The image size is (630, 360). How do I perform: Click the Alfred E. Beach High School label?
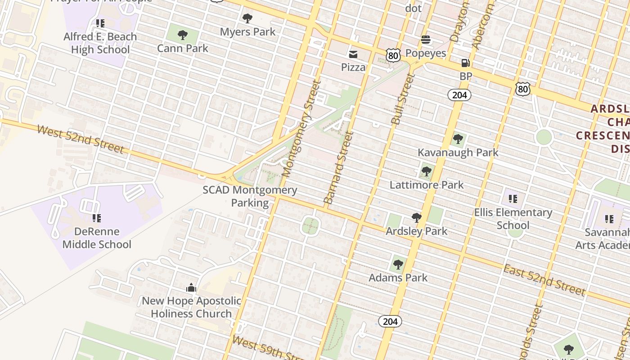coord(100,43)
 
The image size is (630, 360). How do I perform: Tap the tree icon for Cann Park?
coord(182,35)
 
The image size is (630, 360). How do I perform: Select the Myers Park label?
coord(247,32)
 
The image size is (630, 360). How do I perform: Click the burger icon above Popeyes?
coord(425,40)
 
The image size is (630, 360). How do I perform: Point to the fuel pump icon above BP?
coord(465,63)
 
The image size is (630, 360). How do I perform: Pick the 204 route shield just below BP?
coord(459,94)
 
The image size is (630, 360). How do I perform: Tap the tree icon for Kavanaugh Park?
coord(458,139)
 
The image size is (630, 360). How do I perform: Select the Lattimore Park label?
coord(426,184)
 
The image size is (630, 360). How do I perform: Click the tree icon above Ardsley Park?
coord(417,218)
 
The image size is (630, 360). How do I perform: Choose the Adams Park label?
coord(398,278)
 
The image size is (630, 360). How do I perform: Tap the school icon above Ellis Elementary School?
coord(513,198)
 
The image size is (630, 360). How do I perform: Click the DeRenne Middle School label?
coord(97,238)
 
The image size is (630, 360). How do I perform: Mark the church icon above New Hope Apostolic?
coord(191,288)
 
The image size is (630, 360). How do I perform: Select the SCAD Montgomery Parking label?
coord(250,196)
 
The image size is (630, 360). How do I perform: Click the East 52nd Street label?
coord(544,280)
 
